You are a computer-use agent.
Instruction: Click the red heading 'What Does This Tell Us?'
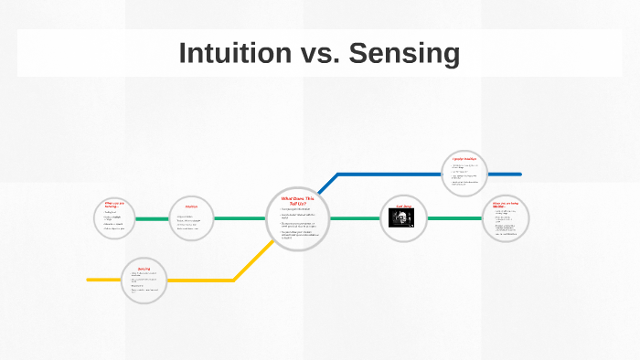297,200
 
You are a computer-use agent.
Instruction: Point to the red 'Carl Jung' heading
403,206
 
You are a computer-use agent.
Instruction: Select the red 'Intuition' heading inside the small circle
191,206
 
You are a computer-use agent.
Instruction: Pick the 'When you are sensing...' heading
118,205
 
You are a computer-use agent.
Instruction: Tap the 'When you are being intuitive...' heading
505,205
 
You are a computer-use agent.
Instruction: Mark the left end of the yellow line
89,280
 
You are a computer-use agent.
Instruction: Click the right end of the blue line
519,174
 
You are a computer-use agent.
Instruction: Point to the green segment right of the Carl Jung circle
454,218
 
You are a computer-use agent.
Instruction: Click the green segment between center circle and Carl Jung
354,218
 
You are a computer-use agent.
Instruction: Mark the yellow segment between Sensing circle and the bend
201,280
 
